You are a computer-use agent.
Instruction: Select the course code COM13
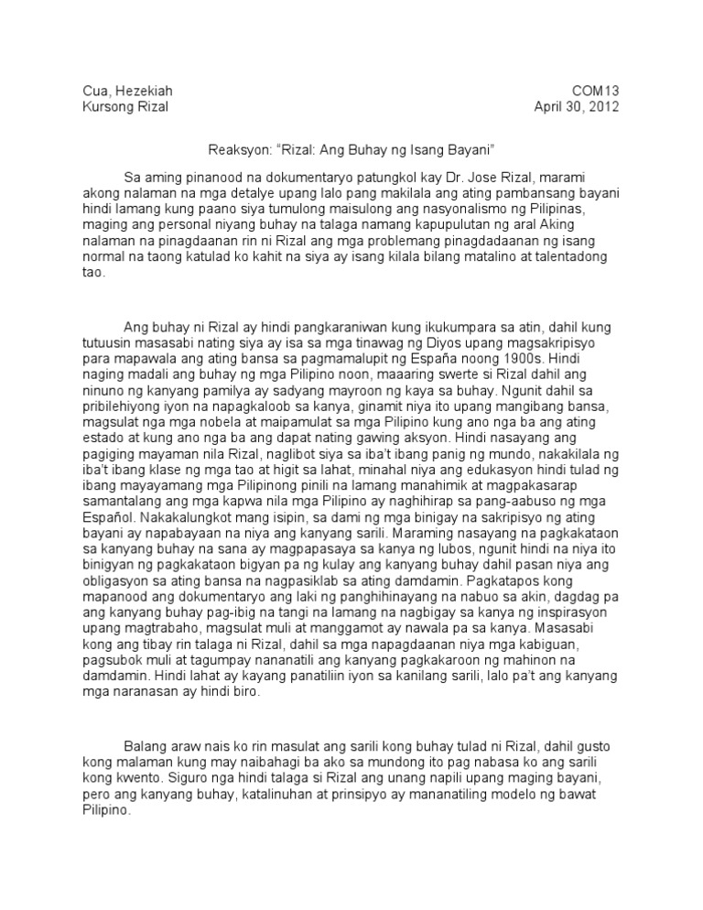[596, 91]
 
